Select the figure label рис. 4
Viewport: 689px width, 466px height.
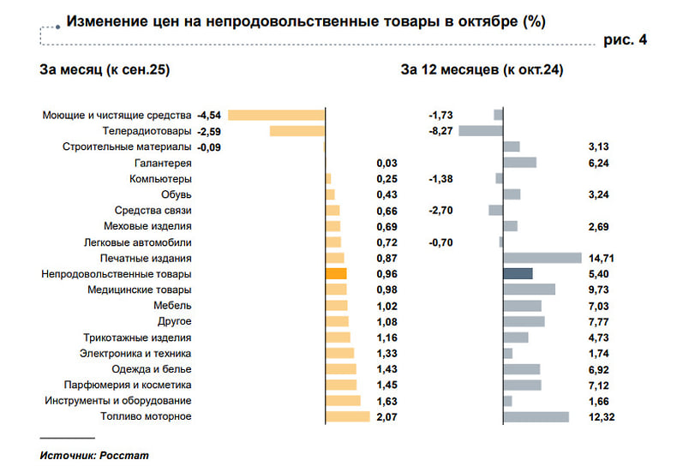[625, 40]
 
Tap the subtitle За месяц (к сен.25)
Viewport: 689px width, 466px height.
[105, 70]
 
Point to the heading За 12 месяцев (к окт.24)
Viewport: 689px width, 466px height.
[482, 70]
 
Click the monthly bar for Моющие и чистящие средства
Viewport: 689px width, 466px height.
[276, 115]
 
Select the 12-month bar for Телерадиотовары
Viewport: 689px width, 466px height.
[481, 131]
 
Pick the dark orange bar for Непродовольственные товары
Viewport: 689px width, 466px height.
[336, 274]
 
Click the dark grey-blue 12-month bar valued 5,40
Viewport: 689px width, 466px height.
[518, 274]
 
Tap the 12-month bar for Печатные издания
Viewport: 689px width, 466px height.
[542, 258]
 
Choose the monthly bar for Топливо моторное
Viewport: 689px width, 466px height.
[347, 416]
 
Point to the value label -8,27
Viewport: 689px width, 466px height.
[440, 131]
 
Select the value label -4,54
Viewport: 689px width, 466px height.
[209, 115]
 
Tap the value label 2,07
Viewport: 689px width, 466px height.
[388, 416]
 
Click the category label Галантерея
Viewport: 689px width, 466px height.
[163, 163]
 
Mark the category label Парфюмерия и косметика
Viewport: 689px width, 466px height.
[128, 385]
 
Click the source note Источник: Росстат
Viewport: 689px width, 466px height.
[94, 456]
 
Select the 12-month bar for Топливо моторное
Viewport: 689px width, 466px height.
[536, 416]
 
